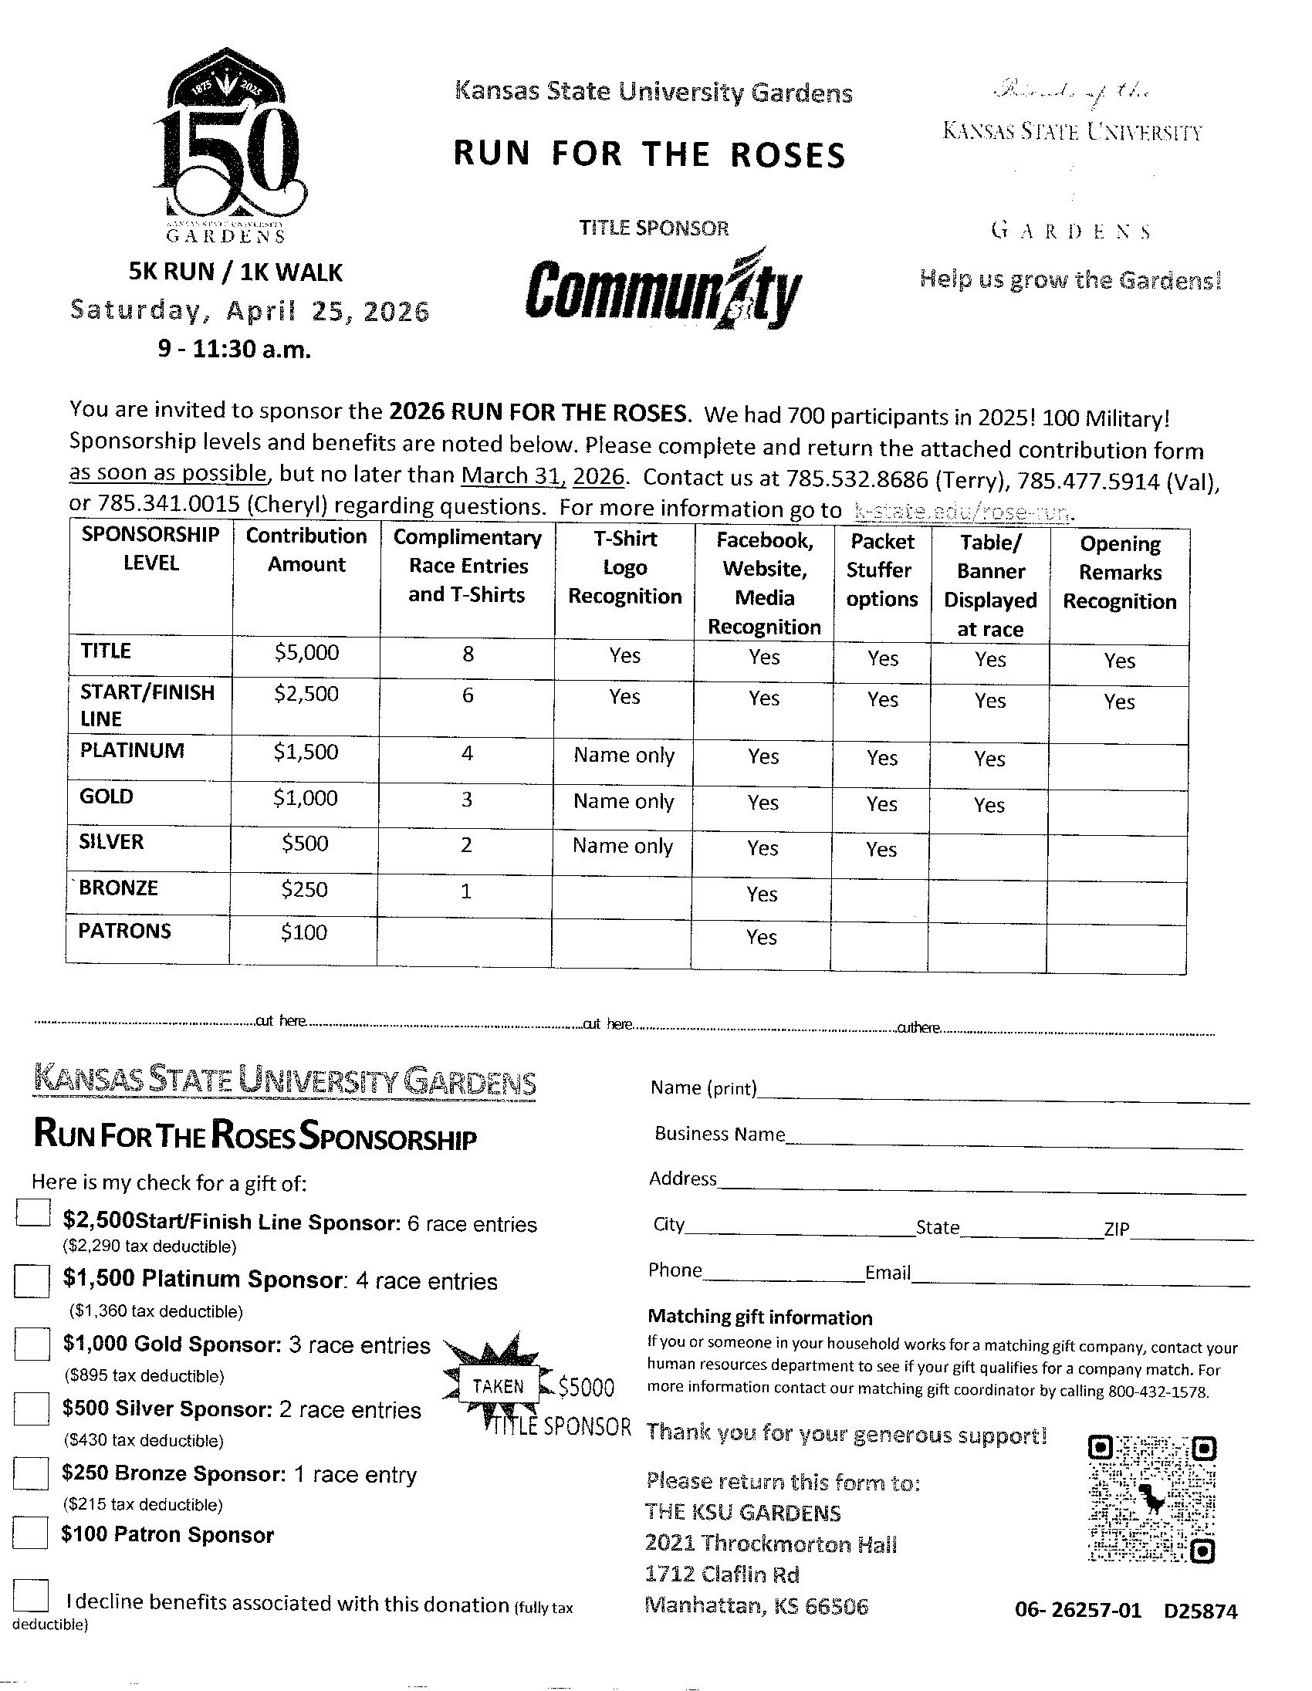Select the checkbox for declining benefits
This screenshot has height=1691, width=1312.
pos(31,1597)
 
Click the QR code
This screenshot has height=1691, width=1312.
pos(1151,1501)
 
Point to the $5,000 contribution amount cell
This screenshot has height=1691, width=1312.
pos(306,653)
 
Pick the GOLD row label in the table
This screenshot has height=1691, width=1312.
pos(107,796)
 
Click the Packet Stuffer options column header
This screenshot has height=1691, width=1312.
pos(882,570)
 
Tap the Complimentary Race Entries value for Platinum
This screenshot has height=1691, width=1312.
pos(467,753)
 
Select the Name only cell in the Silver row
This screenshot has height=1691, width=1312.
pos(622,846)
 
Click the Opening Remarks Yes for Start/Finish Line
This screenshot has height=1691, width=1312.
pos(1119,702)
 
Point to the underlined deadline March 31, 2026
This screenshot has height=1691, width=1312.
pos(543,475)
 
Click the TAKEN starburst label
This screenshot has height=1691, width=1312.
pos(499,1386)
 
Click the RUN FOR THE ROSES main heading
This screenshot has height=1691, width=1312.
pos(648,154)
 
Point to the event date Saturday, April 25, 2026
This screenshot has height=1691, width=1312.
pos(249,310)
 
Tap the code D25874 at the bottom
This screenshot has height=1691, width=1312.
pos(1201,1612)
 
